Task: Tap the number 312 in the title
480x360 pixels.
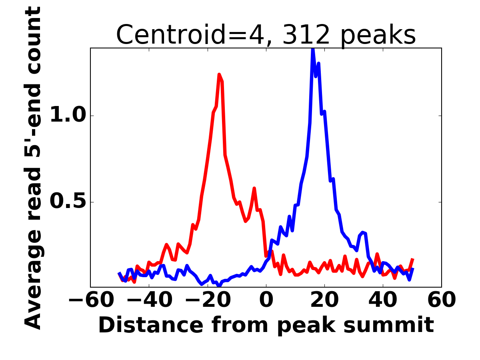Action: pos(306,34)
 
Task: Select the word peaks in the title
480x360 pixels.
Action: pos(378,36)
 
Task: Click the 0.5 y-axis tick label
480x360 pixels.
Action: pos(68,202)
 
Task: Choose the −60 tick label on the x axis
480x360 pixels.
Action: pos(91,300)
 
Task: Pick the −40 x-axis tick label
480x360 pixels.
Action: pos(150,300)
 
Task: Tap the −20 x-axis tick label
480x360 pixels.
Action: pos(208,300)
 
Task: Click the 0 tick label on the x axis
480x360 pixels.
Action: pos(266,300)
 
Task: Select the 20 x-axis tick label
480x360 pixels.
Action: pos(324,300)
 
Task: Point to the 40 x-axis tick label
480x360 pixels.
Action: pos(383,300)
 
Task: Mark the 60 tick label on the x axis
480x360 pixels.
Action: pos(442,300)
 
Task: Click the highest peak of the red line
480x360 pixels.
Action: pos(219,74)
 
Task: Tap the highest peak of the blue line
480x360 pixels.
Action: pos(313,49)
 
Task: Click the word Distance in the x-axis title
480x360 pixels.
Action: pos(151,325)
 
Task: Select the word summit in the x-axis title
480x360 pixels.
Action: pos(388,325)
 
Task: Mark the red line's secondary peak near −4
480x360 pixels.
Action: pos(254,188)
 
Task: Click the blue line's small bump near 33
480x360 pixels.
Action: pos(362,232)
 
